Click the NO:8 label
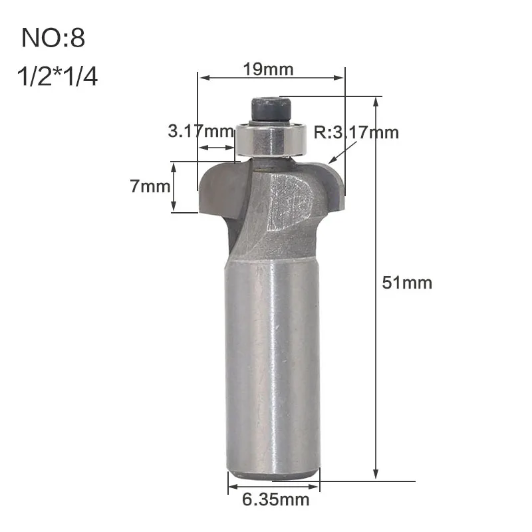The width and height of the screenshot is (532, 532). [53, 38]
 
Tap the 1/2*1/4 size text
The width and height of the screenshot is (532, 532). [57, 76]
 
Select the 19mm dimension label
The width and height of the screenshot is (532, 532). [268, 70]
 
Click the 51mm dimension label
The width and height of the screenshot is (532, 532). [407, 283]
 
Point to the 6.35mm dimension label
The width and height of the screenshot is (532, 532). [275, 500]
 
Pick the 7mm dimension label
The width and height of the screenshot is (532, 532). [150, 186]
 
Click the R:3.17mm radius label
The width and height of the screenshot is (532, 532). [356, 132]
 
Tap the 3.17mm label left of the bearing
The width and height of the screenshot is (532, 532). [201, 131]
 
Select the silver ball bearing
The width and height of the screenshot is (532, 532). [271, 139]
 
